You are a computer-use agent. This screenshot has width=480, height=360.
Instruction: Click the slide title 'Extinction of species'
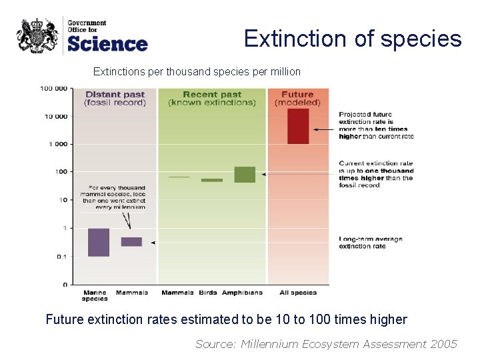click(x=353, y=39)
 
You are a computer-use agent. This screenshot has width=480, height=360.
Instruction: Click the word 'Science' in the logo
click(x=107, y=44)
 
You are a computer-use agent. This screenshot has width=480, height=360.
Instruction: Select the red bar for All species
click(x=298, y=126)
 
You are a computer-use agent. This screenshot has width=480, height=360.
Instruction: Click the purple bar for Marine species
click(x=98, y=243)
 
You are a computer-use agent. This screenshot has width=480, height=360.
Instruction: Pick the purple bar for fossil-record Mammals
click(x=131, y=242)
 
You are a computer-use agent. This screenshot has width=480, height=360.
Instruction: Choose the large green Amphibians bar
click(x=245, y=175)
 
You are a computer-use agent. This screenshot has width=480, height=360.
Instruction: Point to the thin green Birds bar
click(x=212, y=180)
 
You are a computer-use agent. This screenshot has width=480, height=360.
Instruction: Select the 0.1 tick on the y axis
click(x=61, y=257)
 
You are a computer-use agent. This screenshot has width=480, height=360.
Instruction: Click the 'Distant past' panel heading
click(x=115, y=98)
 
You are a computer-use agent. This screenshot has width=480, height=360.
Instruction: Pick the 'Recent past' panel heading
click(x=212, y=98)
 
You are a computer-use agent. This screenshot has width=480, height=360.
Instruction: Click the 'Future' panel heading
click(x=297, y=98)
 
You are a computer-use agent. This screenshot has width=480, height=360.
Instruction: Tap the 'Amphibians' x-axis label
click(x=242, y=293)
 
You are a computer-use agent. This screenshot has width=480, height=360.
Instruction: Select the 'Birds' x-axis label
click(x=208, y=293)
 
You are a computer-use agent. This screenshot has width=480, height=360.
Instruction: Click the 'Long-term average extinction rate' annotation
click(x=371, y=243)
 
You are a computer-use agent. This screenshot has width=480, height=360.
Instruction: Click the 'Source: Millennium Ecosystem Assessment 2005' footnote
click(x=326, y=344)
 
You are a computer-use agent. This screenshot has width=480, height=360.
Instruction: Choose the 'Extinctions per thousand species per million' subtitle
click(x=197, y=71)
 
